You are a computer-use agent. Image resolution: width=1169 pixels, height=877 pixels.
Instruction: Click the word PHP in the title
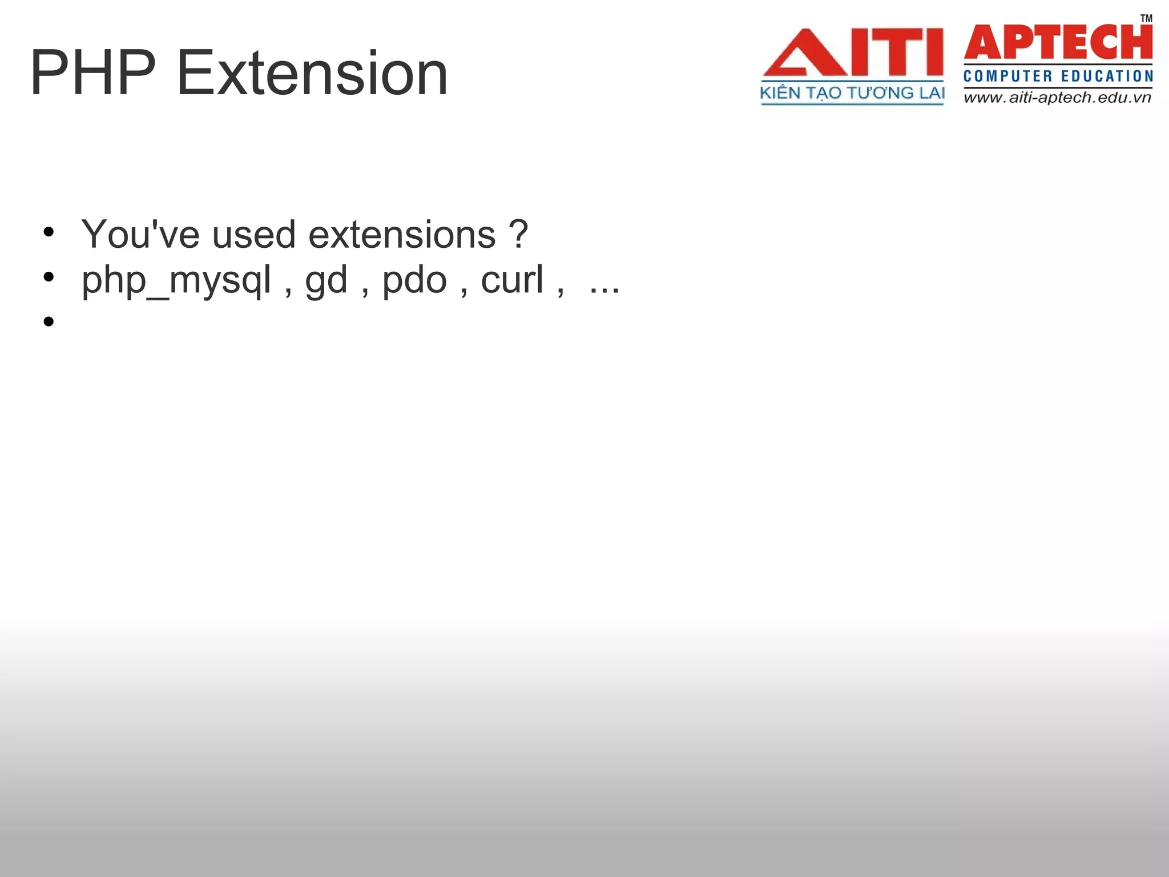(92, 73)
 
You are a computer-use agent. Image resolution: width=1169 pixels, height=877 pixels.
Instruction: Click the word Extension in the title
(312, 73)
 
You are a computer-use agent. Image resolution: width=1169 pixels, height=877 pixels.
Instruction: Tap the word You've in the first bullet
(140, 234)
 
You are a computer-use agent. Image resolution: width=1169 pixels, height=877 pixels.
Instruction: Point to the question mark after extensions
(518, 234)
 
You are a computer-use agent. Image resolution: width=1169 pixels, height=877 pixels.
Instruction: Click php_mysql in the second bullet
(176, 281)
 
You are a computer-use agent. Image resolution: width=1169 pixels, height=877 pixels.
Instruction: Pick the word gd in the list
(326, 281)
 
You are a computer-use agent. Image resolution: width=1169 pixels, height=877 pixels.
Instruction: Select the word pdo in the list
(414, 281)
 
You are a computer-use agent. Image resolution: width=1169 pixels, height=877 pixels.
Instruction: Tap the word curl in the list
(512, 280)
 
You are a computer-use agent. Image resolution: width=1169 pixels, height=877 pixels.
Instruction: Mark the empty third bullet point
(49, 321)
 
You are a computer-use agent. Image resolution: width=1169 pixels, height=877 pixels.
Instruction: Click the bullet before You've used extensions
(49, 232)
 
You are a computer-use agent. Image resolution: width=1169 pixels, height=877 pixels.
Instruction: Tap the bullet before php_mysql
(49, 277)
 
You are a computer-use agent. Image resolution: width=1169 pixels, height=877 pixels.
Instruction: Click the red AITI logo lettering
(853, 53)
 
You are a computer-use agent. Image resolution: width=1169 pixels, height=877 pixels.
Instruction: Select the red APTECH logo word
(1058, 42)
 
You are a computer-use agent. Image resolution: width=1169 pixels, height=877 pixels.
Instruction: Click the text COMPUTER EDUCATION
(1058, 76)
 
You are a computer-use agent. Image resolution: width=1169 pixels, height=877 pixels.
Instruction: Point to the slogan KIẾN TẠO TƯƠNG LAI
(852, 93)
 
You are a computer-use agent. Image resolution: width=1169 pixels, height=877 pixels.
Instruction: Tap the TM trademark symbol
(1146, 18)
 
